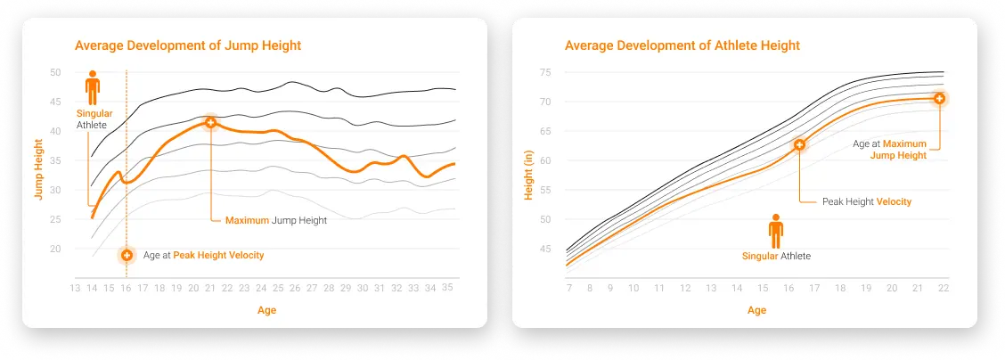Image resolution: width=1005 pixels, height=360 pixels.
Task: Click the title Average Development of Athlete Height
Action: [682, 45]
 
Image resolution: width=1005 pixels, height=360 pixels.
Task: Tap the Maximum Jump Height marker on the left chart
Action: [210, 122]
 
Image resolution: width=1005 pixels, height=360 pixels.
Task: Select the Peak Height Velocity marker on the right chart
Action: [799, 144]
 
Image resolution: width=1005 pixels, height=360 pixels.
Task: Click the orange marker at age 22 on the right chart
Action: [939, 97]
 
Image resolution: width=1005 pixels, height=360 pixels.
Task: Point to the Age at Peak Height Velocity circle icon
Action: [127, 255]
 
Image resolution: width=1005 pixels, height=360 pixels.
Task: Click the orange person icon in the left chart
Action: [92, 89]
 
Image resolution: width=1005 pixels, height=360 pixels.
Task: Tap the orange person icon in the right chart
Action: [776, 231]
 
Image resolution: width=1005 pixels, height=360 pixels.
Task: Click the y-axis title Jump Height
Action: [40, 167]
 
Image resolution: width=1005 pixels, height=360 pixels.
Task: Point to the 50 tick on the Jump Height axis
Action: [55, 72]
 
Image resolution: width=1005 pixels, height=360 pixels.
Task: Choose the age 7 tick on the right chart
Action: [568, 288]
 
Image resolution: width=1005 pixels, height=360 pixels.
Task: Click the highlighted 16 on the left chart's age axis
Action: [126, 288]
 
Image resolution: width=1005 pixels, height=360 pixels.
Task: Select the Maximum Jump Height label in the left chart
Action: [276, 220]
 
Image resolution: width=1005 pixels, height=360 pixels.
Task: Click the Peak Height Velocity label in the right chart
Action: [866, 202]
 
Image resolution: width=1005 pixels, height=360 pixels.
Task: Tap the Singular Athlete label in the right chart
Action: [776, 256]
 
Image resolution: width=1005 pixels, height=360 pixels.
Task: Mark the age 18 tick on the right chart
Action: [839, 288]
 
